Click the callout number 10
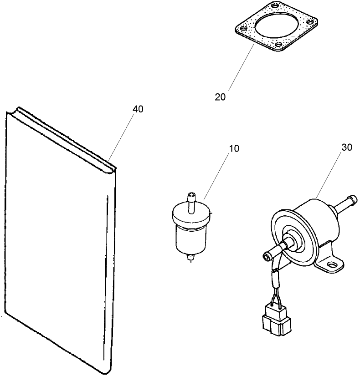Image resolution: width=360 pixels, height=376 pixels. coord(233,148)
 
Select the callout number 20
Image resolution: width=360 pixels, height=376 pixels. coord(220,97)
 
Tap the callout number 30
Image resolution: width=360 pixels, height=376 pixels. coord(347,147)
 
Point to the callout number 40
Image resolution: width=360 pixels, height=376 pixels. coord(138,109)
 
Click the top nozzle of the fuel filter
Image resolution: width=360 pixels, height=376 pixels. coord(190,200)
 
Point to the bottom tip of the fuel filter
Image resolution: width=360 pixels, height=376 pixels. coord(190,261)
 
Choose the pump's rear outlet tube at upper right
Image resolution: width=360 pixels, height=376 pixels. coord(348,200)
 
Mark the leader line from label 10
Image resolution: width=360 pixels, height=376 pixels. coord(217,178)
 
